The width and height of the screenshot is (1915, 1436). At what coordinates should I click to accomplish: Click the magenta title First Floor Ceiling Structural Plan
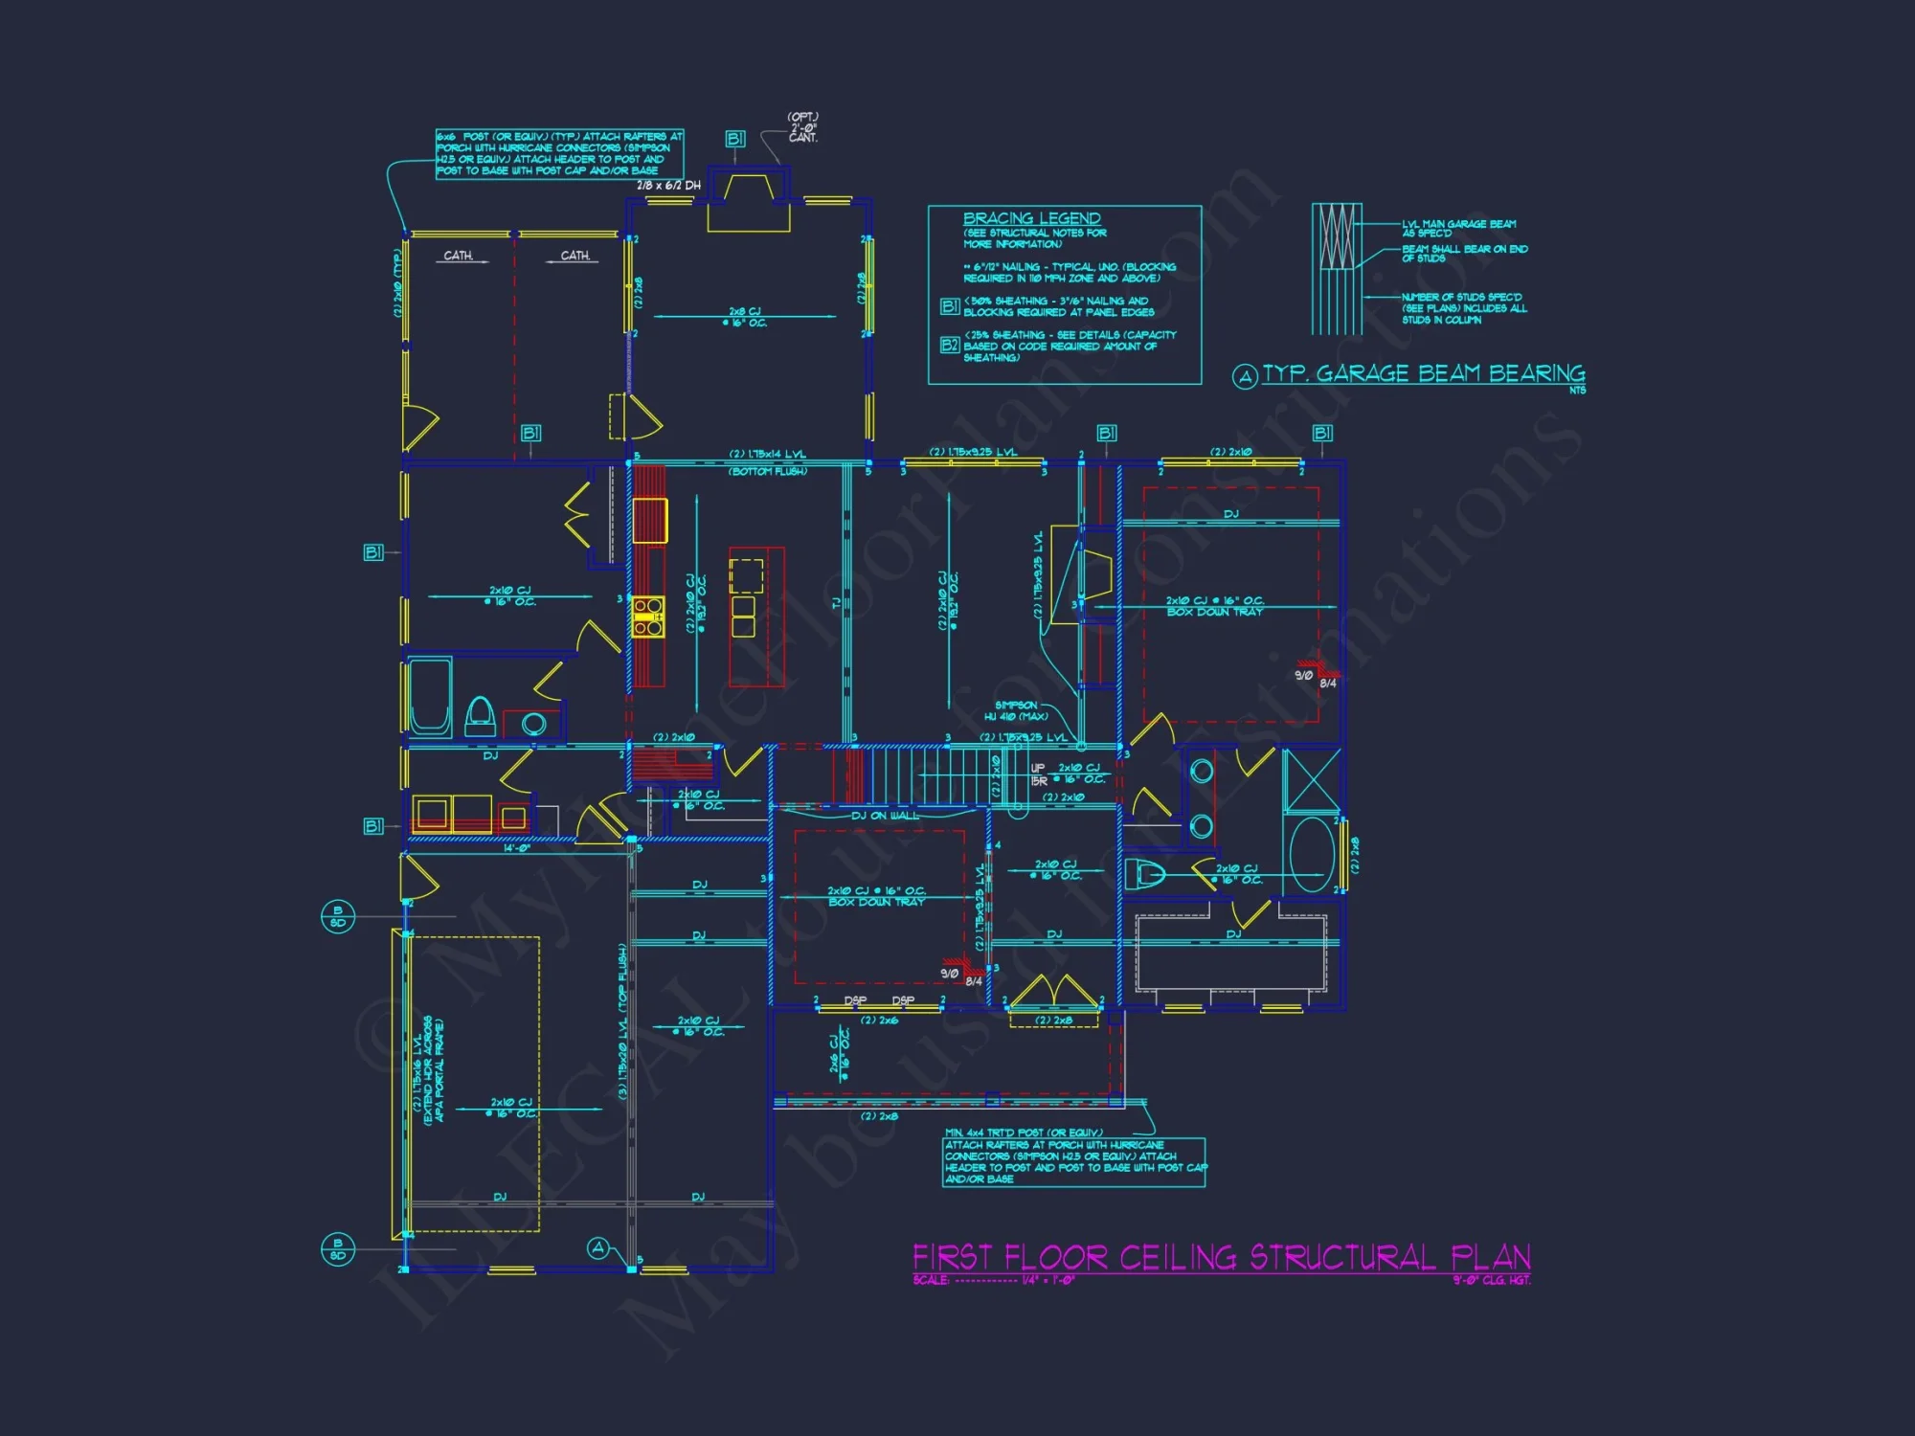coord(1221,1257)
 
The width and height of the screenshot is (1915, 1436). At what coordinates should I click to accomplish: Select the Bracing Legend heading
coord(1031,218)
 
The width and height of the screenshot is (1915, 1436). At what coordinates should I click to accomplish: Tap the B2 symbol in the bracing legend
coord(949,345)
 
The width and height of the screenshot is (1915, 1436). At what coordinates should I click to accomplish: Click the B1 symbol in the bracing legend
coord(949,306)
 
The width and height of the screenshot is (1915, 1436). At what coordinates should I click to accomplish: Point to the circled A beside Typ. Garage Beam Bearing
coord(1244,376)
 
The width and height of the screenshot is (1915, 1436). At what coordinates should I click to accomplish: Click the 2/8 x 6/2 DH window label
coord(668,186)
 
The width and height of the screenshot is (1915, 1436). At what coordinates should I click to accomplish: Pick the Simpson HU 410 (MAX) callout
coord(1016,711)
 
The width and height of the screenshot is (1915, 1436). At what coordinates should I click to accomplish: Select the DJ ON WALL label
coord(884,816)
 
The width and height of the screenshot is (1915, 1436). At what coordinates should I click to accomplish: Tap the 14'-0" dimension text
coord(517,848)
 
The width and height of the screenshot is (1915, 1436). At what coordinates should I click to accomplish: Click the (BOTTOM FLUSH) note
coord(768,471)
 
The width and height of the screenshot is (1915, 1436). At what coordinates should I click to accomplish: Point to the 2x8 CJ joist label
coord(744,317)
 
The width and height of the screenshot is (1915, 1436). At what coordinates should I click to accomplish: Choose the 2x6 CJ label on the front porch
coord(839,1057)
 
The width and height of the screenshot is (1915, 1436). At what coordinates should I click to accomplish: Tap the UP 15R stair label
coord(1038,774)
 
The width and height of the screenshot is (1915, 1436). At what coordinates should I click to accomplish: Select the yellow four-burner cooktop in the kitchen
coord(648,617)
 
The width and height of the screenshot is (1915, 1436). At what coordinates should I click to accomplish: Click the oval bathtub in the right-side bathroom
coord(1311,854)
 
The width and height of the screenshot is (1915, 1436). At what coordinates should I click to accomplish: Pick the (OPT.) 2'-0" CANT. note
coord(802,127)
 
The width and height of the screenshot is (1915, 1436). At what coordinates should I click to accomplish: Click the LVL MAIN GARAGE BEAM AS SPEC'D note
coord(1458,228)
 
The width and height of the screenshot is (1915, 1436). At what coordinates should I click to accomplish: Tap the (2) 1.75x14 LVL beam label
coord(767,454)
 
